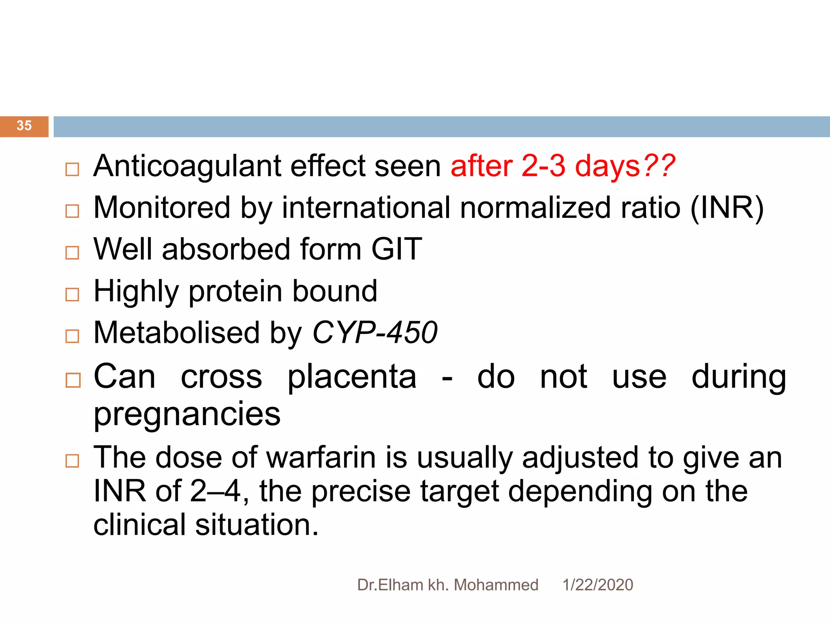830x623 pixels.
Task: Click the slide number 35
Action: [x=24, y=126]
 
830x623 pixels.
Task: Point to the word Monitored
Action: [x=162, y=208]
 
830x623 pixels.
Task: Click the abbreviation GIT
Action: [x=397, y=249]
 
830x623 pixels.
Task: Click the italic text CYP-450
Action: [x=375, y=333]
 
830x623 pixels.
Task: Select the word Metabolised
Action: [x=176, y=333]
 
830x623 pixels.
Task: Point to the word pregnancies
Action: [x=187, y=415]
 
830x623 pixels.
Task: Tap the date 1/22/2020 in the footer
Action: [x=597, y=585]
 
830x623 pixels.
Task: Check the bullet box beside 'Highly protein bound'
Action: [x=72, y=294]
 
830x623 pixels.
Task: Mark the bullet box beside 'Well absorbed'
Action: [x=72, y=253]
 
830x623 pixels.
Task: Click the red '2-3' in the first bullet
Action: [x=543, y=166]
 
